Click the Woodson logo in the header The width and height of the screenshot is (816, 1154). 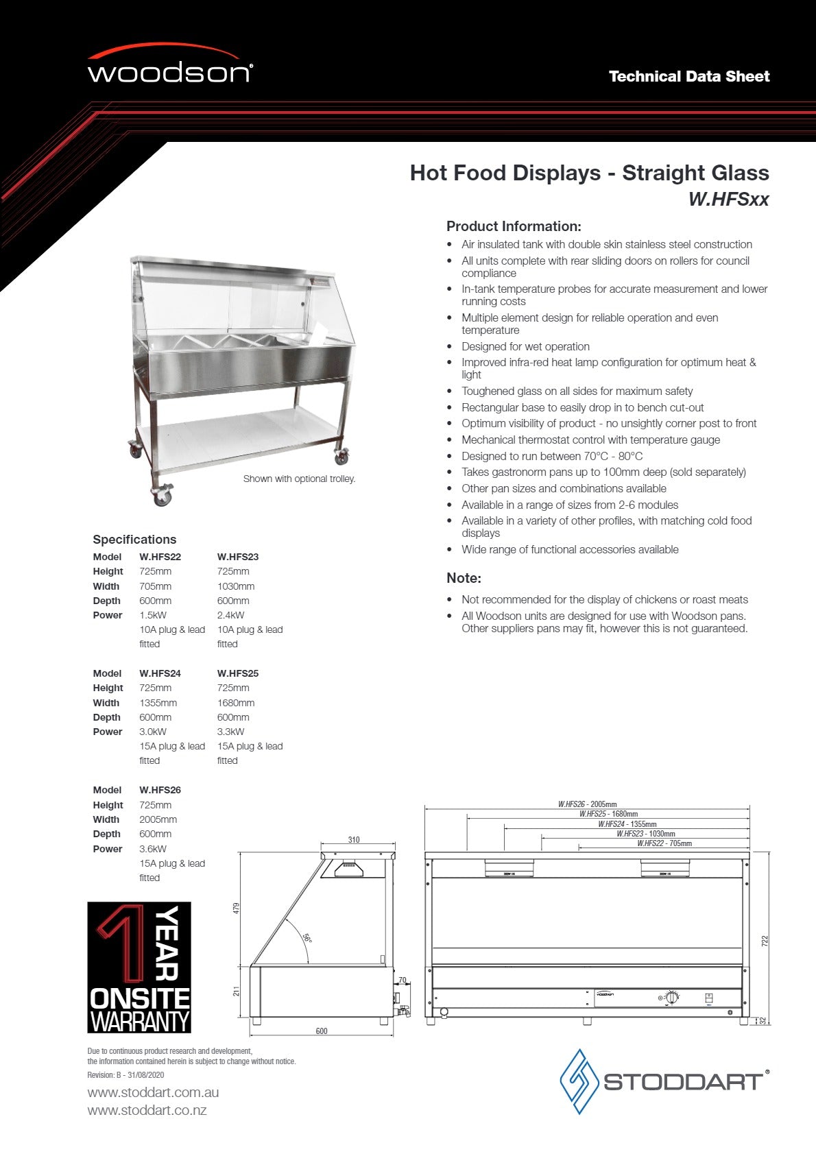tap(170, 67)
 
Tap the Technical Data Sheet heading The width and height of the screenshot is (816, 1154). tap(688, 77)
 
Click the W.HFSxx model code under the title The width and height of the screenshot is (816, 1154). tap(728, 200)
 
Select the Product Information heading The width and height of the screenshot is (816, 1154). tap(514, 226)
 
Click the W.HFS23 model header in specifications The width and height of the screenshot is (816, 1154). tap(237, 557)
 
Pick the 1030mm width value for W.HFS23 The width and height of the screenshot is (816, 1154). tap(235, 586)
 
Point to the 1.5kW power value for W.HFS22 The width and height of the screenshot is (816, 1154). tap(153, 615)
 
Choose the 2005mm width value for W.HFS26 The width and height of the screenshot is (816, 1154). tap(158, 819)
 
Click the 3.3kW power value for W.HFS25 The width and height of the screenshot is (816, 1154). tap(230, 732)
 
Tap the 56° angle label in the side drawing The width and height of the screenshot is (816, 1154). tap(307, 938)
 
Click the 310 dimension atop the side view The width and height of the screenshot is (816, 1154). tap(354, 840)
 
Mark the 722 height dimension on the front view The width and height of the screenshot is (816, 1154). tap(765, 941)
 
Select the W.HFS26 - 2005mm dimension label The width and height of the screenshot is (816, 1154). tap(587, 804)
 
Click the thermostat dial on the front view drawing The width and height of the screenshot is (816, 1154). tap(671, 998)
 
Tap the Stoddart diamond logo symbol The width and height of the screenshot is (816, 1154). tap(580, 1081)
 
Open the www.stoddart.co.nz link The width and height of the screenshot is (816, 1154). tap(147, 1110)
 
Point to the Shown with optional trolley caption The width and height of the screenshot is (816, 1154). tap(299, 479)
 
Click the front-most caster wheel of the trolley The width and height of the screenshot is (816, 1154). tap(163, 496)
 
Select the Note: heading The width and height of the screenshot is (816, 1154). tap(464, 578)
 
